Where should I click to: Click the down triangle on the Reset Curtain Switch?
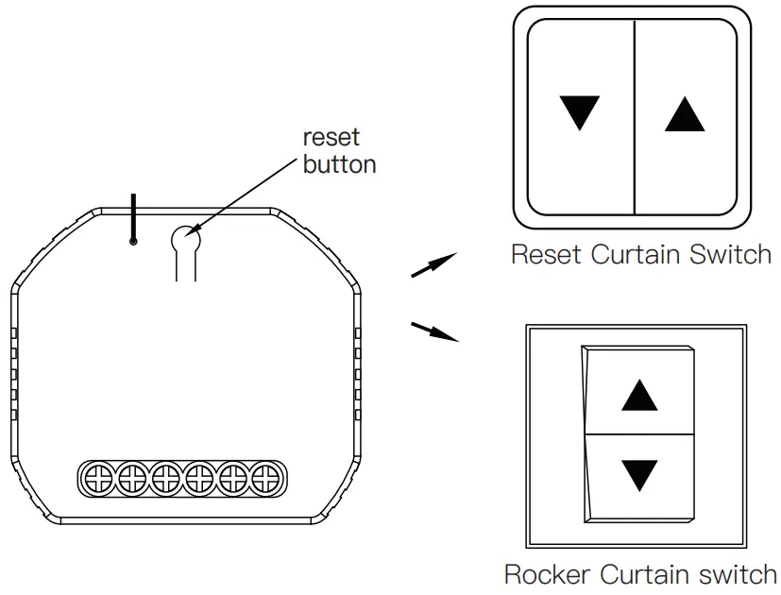[579, 112]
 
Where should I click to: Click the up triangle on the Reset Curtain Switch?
[685, 114]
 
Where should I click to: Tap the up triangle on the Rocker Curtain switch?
[639, 394]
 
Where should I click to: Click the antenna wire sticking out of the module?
[133, 218]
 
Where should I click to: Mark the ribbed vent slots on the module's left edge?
[14, 374]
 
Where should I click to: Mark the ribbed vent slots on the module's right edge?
[357, 374]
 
